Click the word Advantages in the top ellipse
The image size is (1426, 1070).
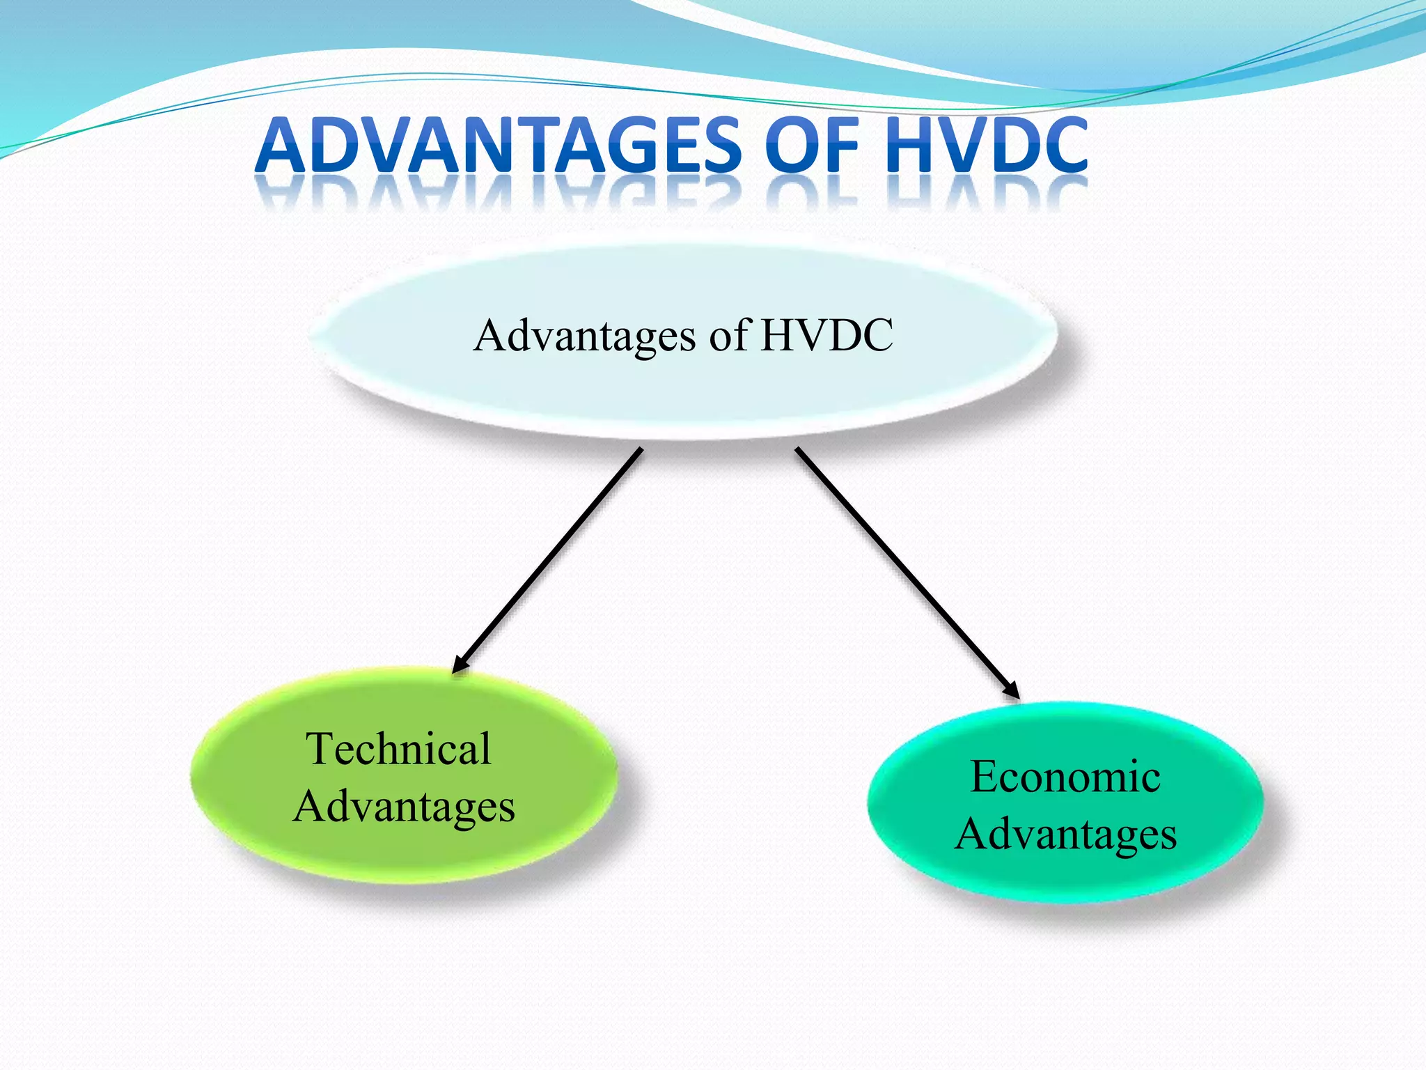pyautogui.click(x=585, y=336)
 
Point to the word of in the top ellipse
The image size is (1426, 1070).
pyautogui.click(x=728, y=335)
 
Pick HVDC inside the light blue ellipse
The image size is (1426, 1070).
pyautogui.click(x=826, y=335)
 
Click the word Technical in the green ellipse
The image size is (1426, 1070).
pyautogui.click(x=399, y=749)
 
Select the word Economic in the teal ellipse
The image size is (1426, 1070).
pyautogui.click(x=1065, y=777)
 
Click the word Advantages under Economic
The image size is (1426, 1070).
pyautogui.click(x=1065, y=835)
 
